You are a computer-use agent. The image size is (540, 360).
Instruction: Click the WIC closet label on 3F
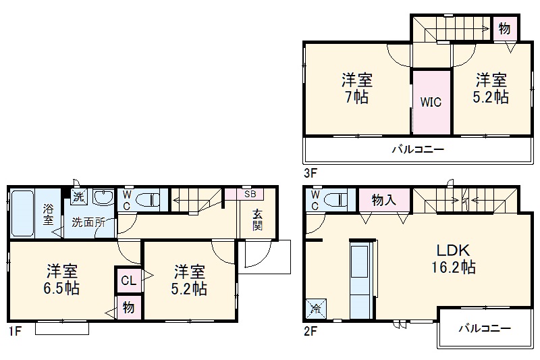(431, 102)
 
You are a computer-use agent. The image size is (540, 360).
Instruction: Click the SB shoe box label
(250, 194)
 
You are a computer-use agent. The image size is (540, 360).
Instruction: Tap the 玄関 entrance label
(257, 220)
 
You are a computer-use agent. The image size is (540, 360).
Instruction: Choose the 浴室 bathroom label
(49, 214)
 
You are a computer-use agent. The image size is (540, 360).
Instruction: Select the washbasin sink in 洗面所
(103, 198)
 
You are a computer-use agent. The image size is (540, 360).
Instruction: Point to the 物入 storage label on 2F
(383, 200)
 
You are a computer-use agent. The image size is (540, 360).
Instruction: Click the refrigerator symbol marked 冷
(316, 309)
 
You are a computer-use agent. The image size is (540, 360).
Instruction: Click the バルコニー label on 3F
(418, 149)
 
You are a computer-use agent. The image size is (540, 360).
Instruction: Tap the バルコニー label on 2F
(484, 328)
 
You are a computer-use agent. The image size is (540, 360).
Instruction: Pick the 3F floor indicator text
(310, 172)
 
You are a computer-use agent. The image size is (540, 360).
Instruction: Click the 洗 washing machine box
(79, 198)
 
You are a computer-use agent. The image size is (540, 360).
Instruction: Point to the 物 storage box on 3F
(504, 28)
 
